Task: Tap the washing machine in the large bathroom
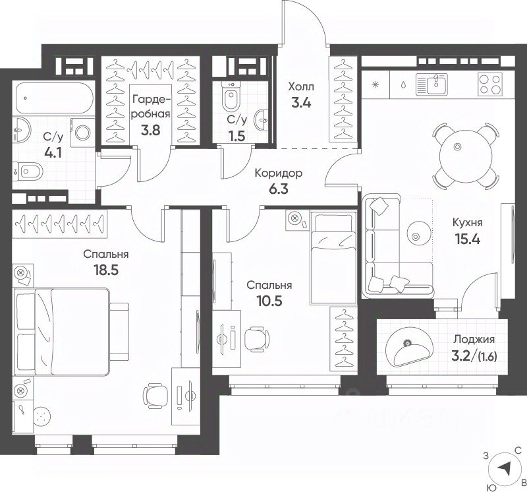click(82, 133)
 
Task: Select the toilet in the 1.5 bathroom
click(231, 96)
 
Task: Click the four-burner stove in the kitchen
click(489, 84)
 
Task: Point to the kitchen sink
click(431, 84)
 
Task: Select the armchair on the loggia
click(410, 350)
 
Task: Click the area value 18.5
click(106, 270)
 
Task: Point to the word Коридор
click(278, 173)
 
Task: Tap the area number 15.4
click(467, 239)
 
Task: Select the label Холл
click(301, 87)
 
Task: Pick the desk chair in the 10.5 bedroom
click(257, 338)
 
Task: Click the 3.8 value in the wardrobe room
click(151, 129)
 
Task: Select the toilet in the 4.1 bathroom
click(28, 172)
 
